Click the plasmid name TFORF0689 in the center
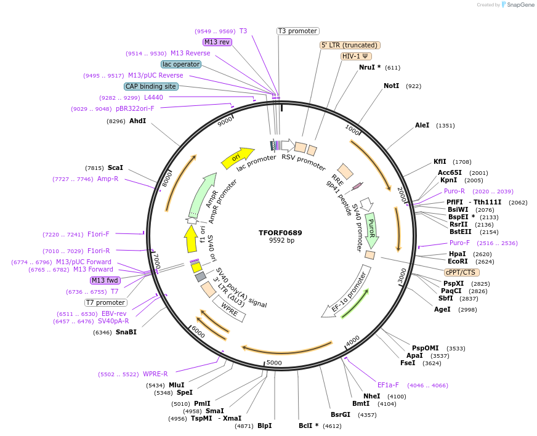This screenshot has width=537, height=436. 280,233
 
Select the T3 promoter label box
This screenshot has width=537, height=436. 297,31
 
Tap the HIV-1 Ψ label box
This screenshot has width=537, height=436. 357,56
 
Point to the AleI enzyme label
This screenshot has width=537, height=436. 422,126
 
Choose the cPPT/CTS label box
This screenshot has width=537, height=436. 461,272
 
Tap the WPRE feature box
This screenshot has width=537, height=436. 229,309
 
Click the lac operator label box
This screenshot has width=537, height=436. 181,64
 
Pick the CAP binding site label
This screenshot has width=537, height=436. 151,86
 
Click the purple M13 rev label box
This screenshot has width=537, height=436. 217,42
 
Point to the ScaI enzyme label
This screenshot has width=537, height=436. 115,168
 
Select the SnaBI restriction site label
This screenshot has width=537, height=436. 126,333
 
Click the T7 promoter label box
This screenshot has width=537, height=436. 105,302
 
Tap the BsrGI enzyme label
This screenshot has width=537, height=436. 340,415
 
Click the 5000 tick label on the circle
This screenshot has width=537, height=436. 273,363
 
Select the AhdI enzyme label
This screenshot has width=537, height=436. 137,121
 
